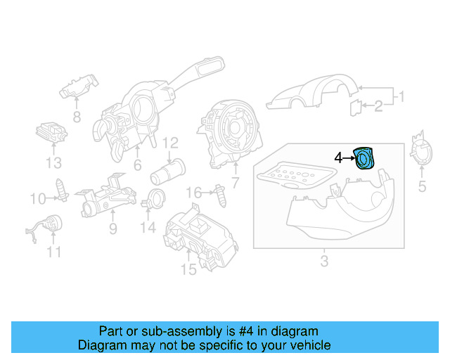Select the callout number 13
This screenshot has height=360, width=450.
click(x=54, y=164)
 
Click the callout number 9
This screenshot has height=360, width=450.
click(x=112, y=229)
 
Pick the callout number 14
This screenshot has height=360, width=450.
click(x=147, y=227)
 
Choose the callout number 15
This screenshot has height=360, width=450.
click(x=188, y=269)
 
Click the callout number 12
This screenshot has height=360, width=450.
click(x=170, y=145)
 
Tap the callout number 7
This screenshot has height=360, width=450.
click(x=235, y=184)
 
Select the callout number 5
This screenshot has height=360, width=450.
click(x=423, y=186)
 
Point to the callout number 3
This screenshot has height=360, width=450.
click(x=324, y=262)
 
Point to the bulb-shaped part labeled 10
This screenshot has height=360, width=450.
click(x=62, y=190)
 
